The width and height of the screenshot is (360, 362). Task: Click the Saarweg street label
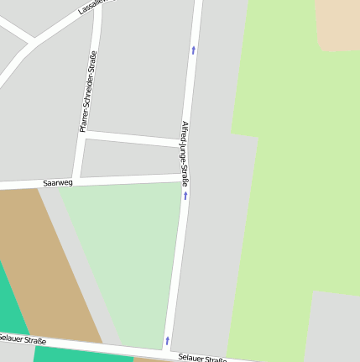coord(58,182)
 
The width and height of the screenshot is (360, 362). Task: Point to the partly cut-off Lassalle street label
coord(93,8)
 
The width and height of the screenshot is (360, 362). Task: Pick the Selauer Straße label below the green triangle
coord(202,359)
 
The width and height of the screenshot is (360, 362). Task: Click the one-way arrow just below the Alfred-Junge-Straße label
coord(185,195)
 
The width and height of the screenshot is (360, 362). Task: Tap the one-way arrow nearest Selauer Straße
coord(168,340)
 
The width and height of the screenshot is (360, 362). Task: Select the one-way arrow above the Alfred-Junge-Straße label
coord(194,50)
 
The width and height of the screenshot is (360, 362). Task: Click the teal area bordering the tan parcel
coord(13,311)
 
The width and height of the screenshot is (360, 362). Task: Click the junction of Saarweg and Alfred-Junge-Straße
coord(183,176)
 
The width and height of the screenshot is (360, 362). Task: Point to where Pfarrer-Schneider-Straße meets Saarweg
coord(77,181)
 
